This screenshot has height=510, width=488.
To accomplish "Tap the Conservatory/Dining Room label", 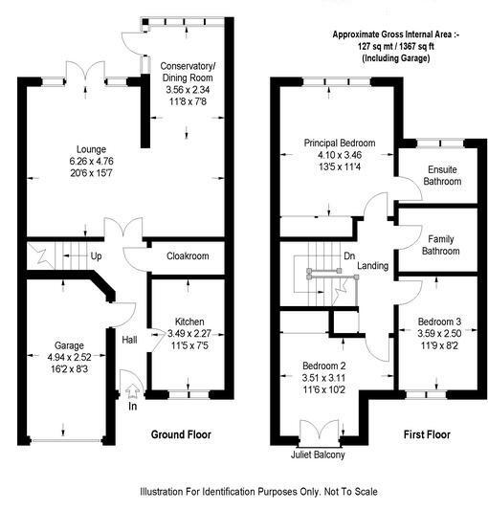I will click(188, 72).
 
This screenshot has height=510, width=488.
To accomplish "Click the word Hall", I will click(130, 339).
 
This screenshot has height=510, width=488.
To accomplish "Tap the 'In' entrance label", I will click(133, 406).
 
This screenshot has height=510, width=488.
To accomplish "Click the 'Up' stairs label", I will click(97, 256).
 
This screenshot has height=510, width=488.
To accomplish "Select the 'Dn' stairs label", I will click(349, 255).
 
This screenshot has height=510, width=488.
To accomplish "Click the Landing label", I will click(373, 266).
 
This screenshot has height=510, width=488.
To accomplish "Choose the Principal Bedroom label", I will click(340, 144).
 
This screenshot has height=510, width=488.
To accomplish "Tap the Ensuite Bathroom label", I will click(431, 174).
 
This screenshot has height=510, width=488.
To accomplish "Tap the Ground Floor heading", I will click(181, 434).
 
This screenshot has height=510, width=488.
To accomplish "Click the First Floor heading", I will click(426, 434).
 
